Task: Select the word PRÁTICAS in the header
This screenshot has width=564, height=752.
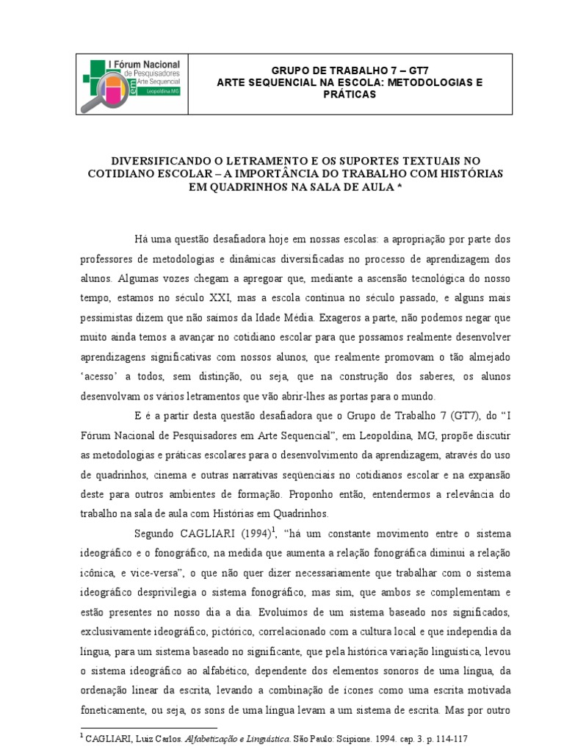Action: coord(350,95)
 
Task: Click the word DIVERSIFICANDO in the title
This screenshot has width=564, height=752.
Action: coord(153,160)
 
